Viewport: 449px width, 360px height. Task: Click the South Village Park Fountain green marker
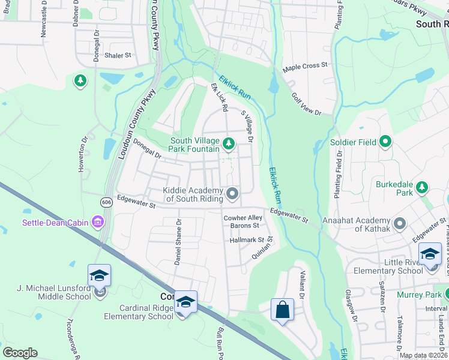click(x=228, y=143)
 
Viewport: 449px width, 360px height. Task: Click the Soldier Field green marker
click(x=385, y=142)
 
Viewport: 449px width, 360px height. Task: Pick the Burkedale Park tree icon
click(x=423, y=187)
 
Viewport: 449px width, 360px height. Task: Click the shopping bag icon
click(x=282, y=310)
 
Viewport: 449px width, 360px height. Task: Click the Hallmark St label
click(x=247, y=239)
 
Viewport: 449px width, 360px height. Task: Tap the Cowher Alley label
click(x=243, y=218)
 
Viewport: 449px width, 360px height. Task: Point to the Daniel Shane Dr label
click(x=178, y=243)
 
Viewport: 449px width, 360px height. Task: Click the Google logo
click(x=20, y=353)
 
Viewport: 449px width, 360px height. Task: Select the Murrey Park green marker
click(x=445, y=294)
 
